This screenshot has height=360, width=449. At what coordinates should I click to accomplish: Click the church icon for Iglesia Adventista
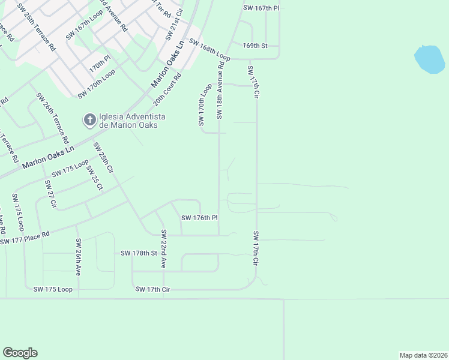[89, 121]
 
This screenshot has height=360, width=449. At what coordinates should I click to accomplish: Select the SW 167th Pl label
[261, 8]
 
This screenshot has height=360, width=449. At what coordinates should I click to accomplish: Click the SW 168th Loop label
[209, 47]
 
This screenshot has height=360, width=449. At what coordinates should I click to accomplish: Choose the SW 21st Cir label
[174, 26]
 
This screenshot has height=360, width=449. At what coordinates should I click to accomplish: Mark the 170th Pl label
[100, 64]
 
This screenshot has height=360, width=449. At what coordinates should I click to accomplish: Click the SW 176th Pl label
[199, 218]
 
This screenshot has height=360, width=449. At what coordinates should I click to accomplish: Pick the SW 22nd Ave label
[163, 248]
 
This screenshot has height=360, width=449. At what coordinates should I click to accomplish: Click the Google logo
[20, 353]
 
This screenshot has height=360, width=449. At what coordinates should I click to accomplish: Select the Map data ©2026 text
[423, 355]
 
